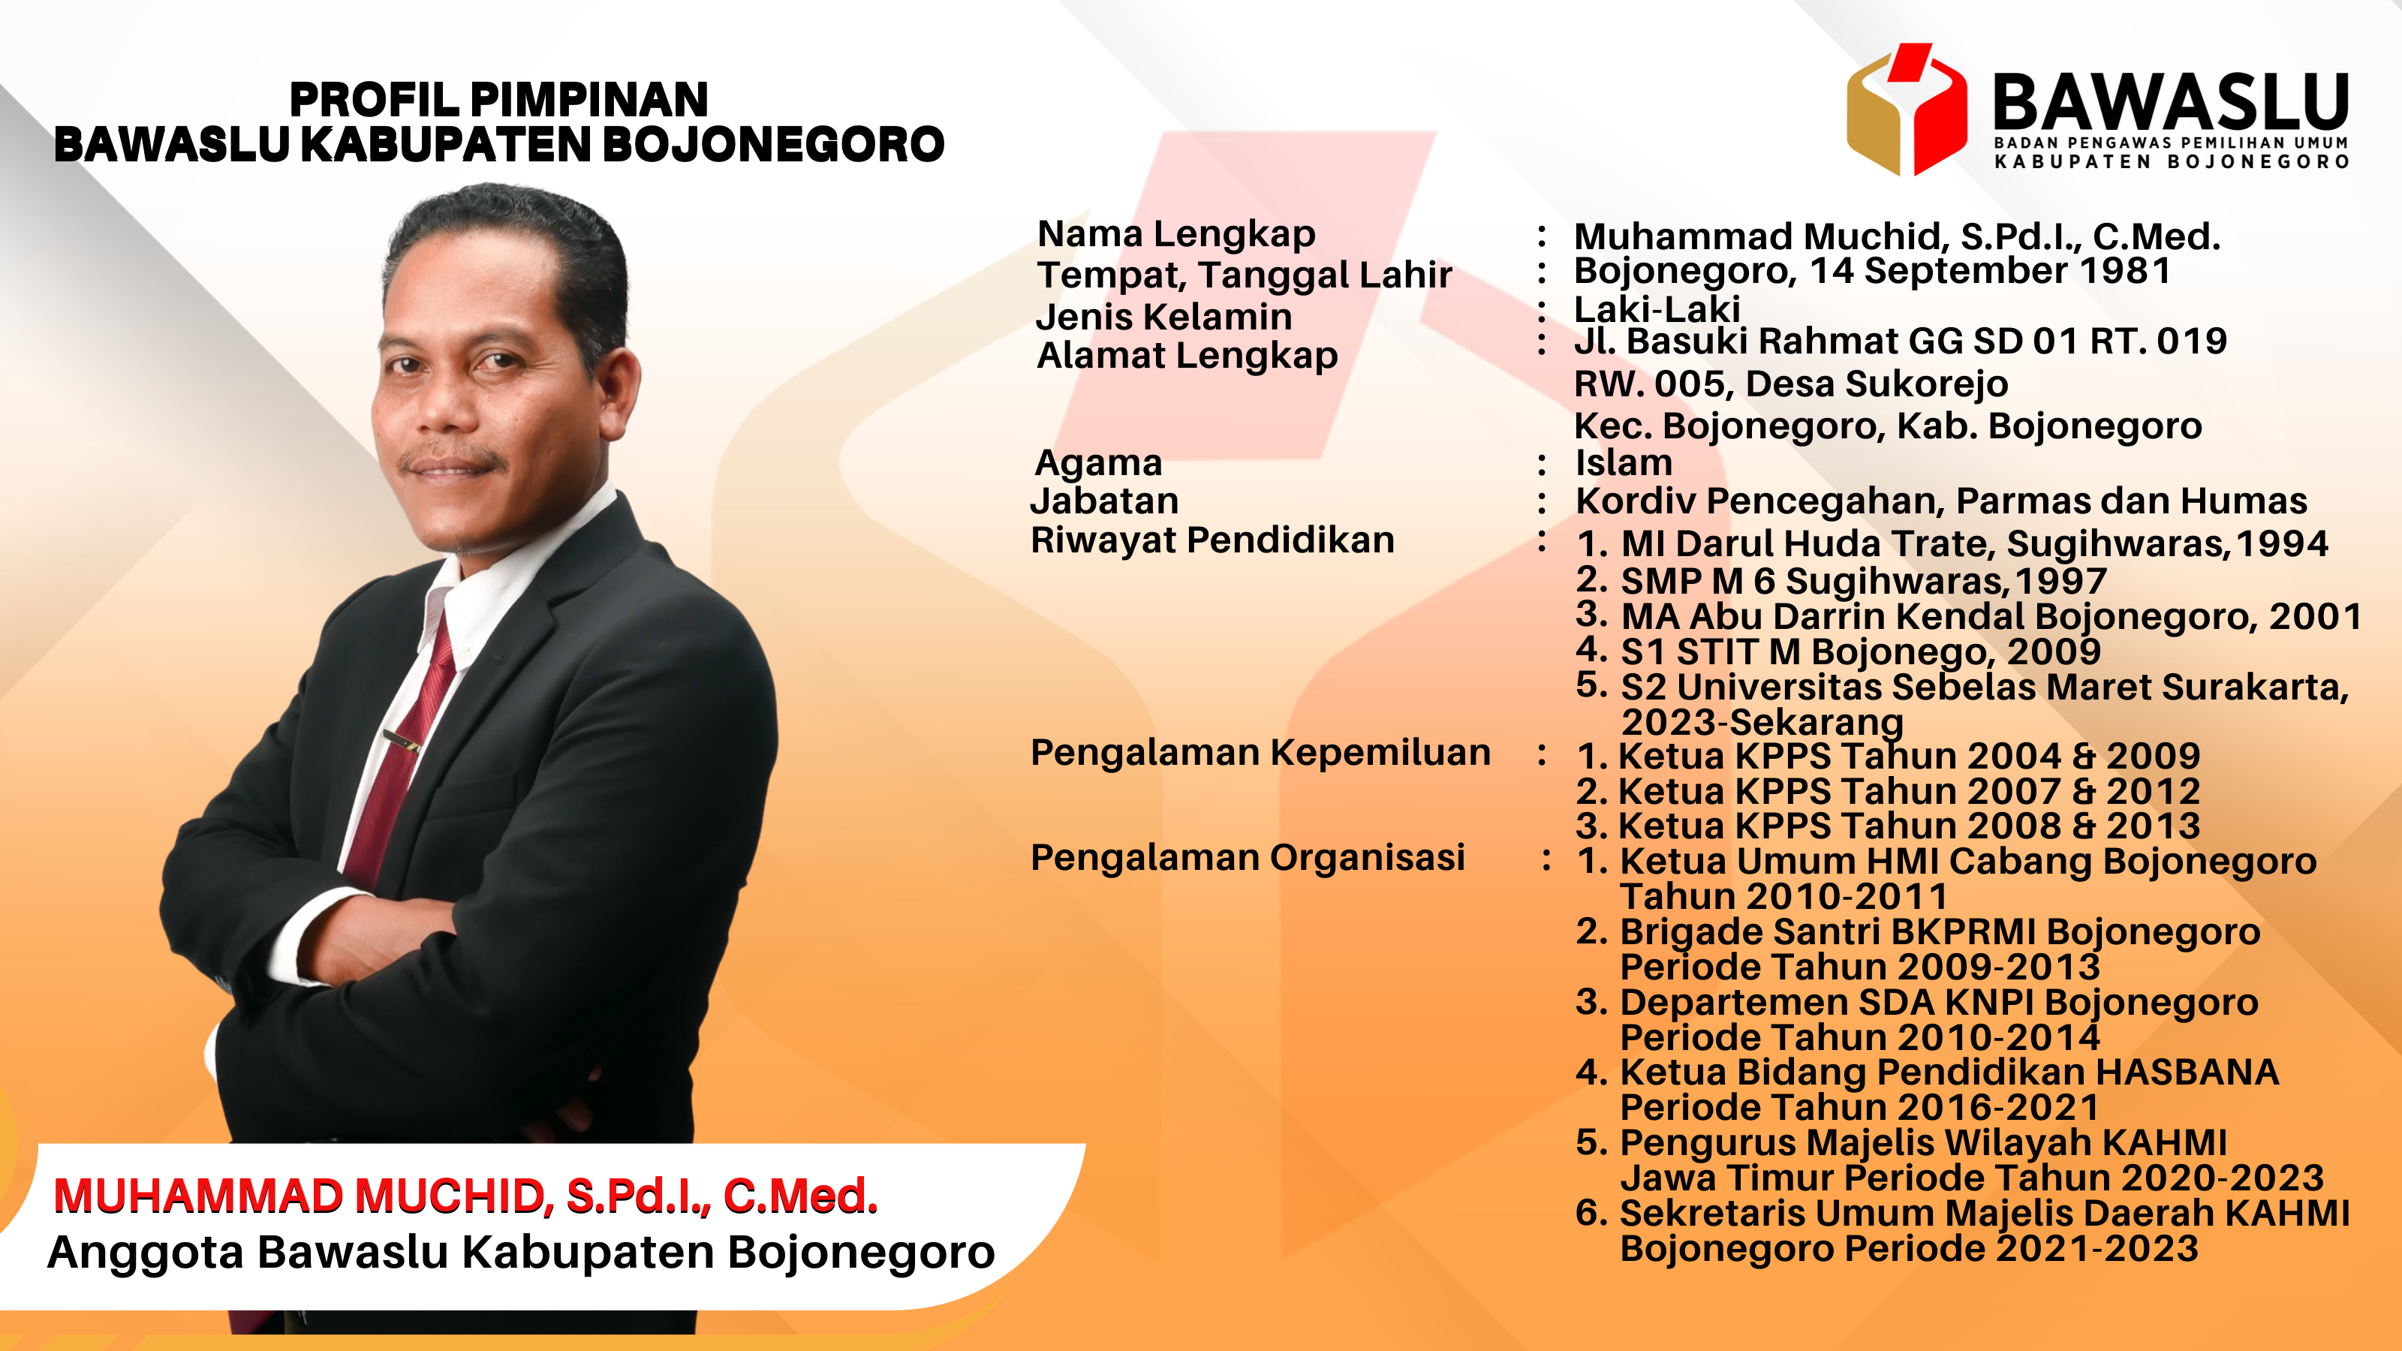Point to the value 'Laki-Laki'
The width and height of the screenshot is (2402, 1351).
[x=1657, y=308]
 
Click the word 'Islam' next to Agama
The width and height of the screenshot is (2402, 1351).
[x=1624, y=462]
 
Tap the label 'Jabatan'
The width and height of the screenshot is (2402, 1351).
[x=1105, y=501]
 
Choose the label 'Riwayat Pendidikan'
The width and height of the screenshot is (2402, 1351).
[x=1212, y=540]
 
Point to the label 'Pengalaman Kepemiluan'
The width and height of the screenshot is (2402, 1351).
[x=1261, y=752]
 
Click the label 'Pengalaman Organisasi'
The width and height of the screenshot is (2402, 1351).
[x=1248, y=858]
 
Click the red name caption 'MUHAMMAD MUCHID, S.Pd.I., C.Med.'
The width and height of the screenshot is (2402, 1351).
[x=465, y=1196]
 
